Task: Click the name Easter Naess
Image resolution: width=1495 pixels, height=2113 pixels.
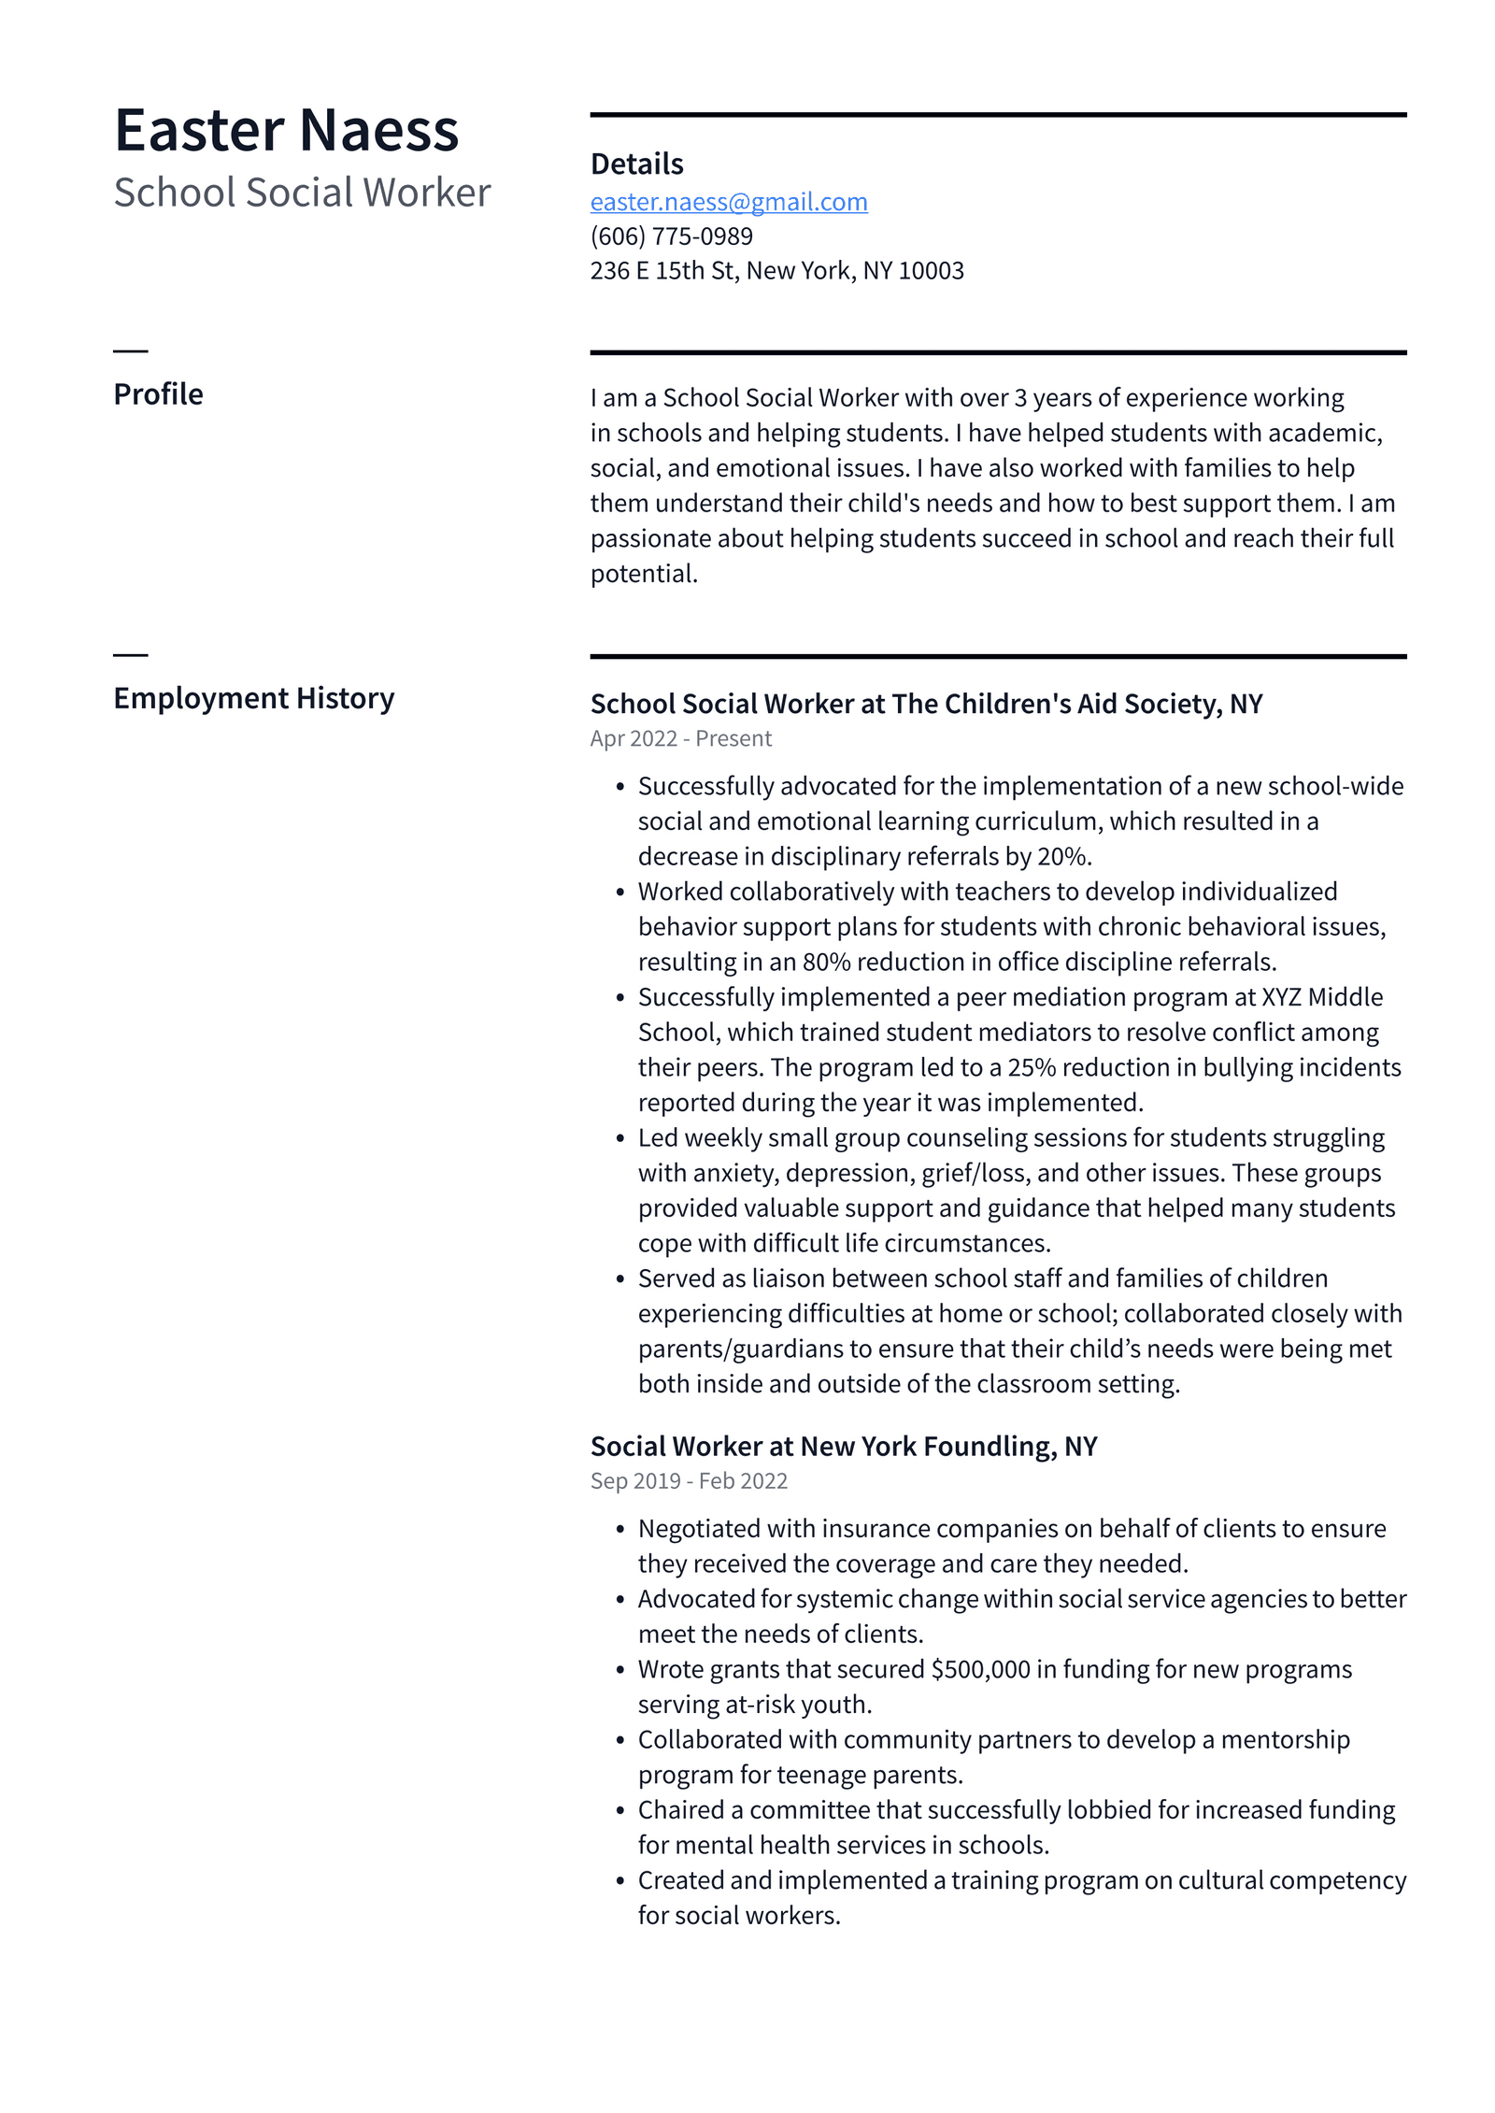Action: pos(286,130)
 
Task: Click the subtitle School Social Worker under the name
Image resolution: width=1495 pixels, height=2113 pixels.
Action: pos(302,193)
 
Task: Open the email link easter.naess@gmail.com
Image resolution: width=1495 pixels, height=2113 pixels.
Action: pos(729,202)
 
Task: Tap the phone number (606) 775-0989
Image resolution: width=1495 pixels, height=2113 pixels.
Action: pos(671,236)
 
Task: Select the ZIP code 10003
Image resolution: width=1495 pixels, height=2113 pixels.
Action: pos(931,271)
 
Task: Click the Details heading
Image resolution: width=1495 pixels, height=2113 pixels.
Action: pos(636,164)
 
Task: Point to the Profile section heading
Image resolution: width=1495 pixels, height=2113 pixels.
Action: pos(158,394)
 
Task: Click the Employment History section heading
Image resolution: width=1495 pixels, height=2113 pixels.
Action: pos(253,698)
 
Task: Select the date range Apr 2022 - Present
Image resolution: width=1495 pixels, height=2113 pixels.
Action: pos(680,738)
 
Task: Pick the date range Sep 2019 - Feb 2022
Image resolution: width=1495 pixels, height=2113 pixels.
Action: pos(689,1480)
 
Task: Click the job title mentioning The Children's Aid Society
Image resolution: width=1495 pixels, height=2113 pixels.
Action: pos(925,704)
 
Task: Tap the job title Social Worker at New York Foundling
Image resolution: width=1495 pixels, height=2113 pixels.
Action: pos(843,1446)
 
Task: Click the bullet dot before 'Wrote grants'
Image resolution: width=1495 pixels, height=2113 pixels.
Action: pos(619,1670)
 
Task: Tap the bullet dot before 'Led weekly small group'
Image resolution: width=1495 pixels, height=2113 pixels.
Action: pos(619,1138)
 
